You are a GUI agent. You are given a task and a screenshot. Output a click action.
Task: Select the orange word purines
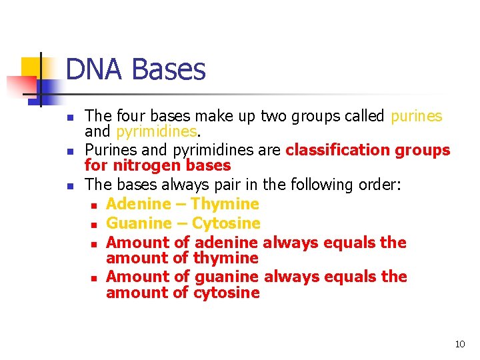(416, 116)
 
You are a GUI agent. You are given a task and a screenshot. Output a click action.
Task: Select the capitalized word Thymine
(224, 204)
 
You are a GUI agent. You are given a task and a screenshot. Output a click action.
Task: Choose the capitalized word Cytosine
(226, 223)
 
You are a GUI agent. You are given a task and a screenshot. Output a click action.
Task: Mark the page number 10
(459, 344)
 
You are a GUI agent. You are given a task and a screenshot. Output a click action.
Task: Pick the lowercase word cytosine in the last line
(226, 293)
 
